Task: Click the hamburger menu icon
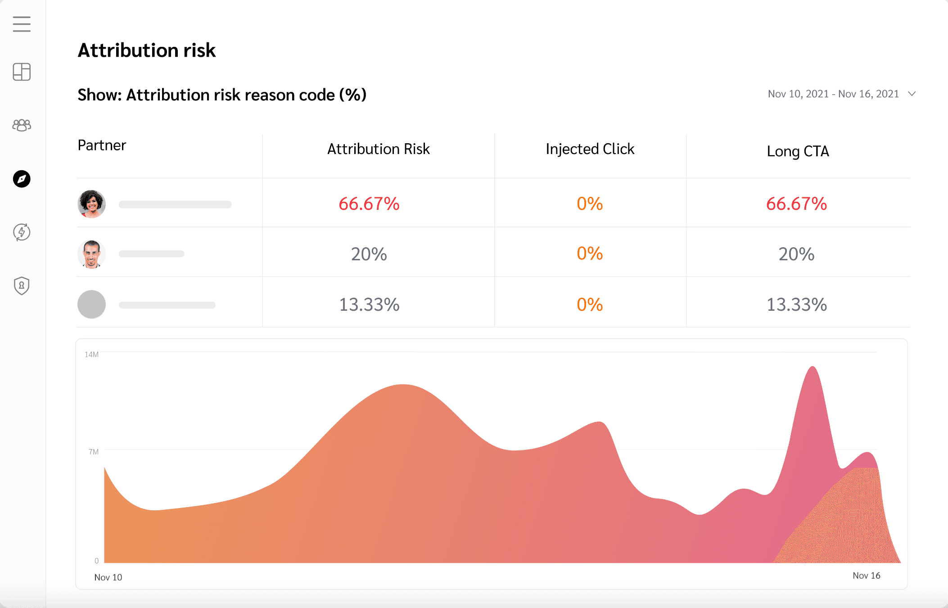(22, 24)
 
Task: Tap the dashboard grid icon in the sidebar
(22, 72)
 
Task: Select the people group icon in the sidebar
(22, 125)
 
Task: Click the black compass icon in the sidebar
(22, 179)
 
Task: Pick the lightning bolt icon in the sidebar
(22, 232)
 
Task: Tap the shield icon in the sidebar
(22, 286)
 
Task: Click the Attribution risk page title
(147, 50)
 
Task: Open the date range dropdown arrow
(912, 94)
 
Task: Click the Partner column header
(102, 145)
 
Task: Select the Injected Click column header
(590, 149)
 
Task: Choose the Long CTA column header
(798, 151)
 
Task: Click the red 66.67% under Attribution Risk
(369, 204)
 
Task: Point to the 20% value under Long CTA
(796, 254)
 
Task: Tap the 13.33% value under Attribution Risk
(369, 304)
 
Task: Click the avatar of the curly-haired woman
(92, 204)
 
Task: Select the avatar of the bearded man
(92, 254)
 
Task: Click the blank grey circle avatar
(92, 304)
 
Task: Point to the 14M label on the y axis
(91, 354)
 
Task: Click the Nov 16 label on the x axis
(866, 576)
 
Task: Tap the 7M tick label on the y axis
(94, 452)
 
